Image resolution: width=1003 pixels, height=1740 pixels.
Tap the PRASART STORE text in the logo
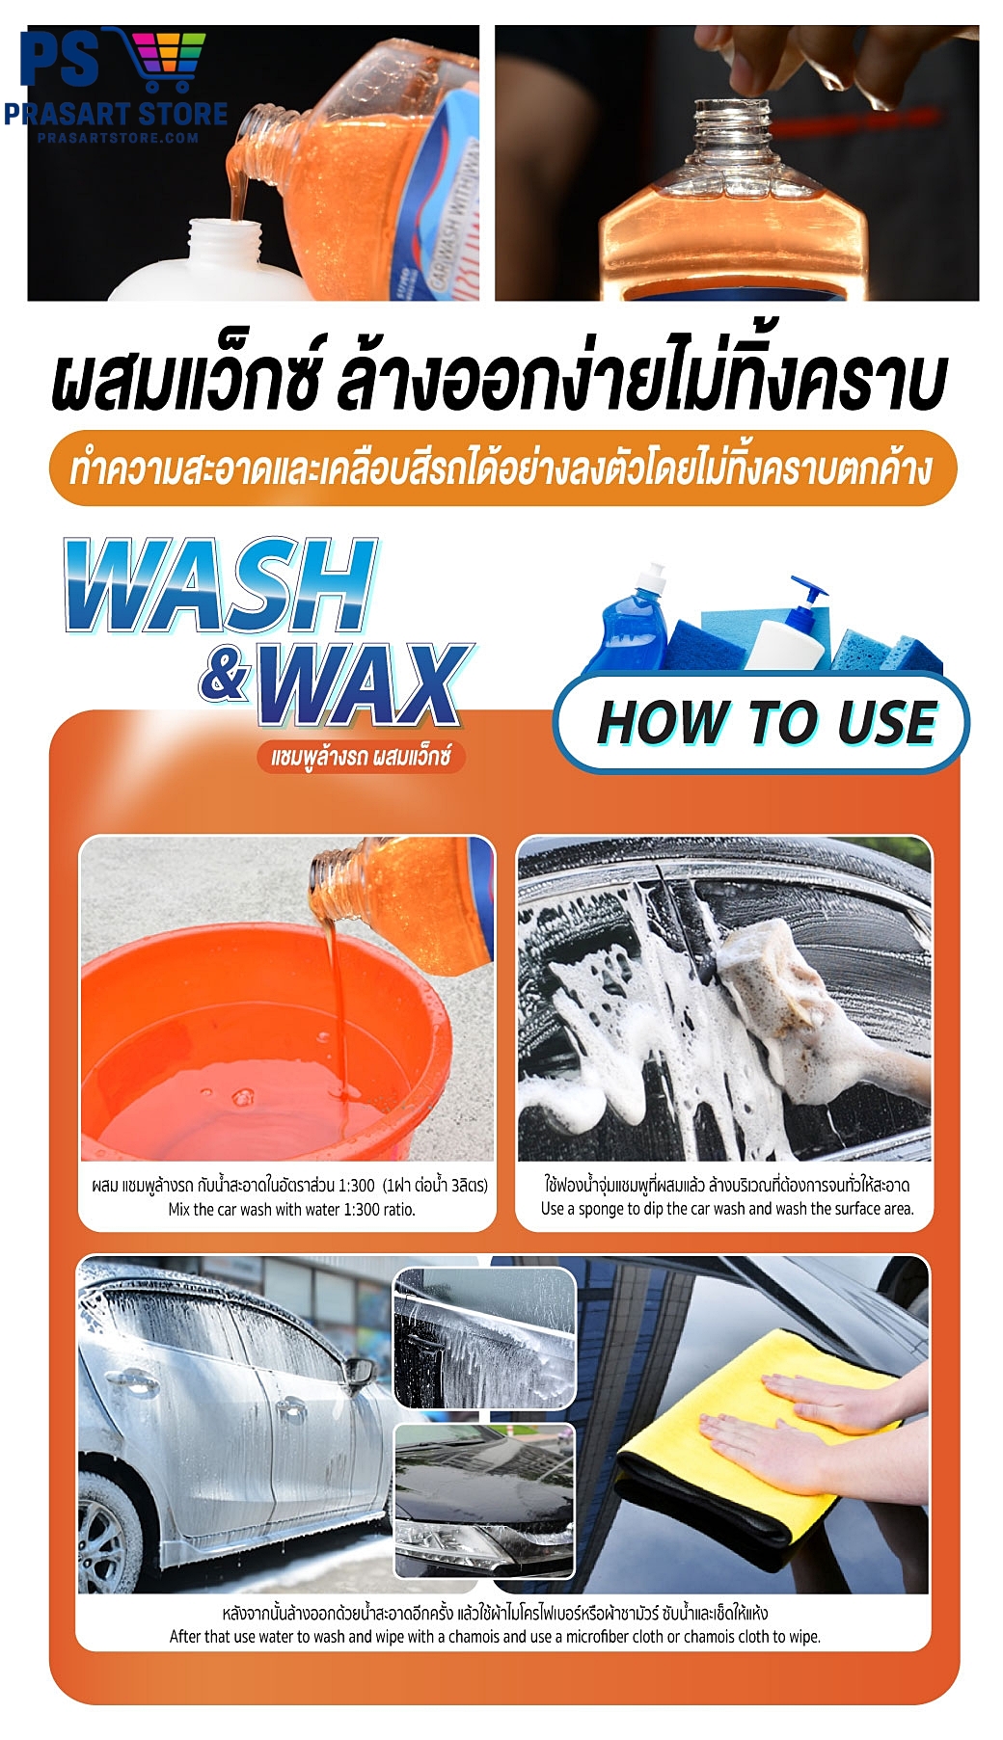116,114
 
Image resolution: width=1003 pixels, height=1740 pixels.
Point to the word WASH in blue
220,586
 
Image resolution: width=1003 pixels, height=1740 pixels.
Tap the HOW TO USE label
766,722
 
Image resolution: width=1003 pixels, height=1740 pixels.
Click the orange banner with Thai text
501,469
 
